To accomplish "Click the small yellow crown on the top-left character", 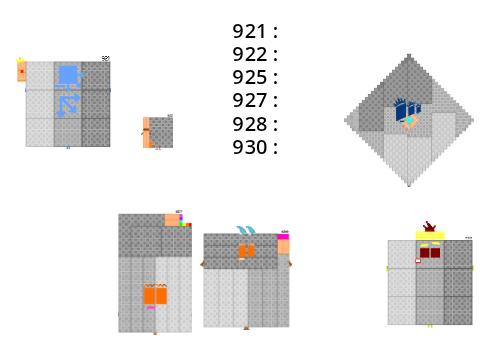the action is pos(20,60).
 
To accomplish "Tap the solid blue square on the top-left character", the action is pos(68,75).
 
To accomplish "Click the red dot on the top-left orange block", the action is pos(22,71).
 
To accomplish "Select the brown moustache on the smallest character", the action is pos(146,129).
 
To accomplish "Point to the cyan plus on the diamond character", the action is pos(409,120).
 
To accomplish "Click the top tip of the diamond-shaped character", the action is pos(409,54).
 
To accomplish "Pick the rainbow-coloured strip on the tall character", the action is pos(184,221).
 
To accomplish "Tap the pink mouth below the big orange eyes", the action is pos(151,307).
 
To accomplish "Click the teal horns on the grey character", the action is pos(246,230).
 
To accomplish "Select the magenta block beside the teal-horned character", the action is pos(283,237).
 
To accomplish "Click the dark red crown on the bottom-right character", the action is pos(429,227).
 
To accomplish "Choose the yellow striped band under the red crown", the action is pos(430,236).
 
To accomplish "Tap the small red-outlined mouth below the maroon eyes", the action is pos(418,261).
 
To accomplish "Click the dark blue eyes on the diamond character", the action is pos(408,111).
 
